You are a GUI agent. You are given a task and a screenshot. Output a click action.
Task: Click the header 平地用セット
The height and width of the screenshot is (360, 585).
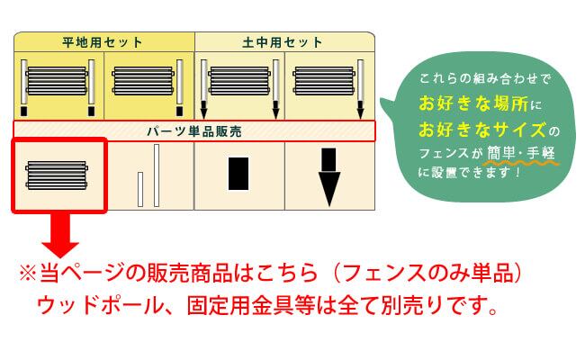103,41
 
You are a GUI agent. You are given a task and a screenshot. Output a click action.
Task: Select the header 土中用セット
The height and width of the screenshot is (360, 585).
283,41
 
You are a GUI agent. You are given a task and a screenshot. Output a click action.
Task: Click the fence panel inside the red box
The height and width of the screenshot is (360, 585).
59,173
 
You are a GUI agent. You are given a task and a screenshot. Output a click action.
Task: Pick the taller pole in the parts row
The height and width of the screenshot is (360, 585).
157,175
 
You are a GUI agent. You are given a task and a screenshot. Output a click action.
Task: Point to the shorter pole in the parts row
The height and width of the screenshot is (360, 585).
140,188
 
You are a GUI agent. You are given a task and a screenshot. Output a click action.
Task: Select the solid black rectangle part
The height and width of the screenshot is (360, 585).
238,173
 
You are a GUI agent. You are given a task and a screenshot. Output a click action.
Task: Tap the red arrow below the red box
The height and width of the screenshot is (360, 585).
59,235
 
